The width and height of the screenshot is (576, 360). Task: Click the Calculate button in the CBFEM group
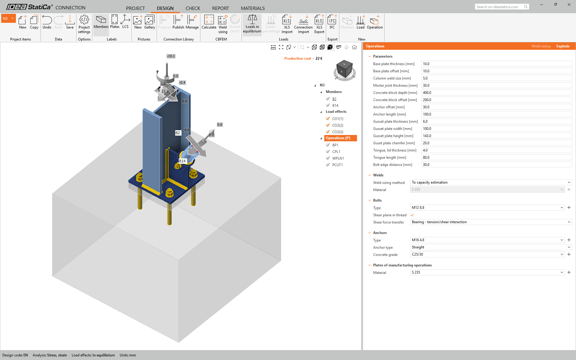point(209,22)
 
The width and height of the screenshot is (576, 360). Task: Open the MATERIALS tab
point(253,8)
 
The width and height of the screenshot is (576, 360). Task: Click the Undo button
point(47,22)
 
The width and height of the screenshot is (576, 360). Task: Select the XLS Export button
point(319,24)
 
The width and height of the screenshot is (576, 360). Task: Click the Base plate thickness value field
point(496,64)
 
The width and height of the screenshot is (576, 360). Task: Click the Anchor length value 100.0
point(496,114)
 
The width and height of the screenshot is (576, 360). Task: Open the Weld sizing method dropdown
point(490,182)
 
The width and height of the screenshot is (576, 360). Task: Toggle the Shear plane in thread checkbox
point(412,215)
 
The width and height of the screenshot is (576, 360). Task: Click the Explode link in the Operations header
point(563,46)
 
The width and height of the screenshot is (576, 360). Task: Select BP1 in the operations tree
point(335,145)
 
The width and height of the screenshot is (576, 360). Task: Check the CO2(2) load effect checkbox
point(328,125)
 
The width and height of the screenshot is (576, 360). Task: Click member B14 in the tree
point(335,106)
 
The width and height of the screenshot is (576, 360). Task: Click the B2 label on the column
point(178,133)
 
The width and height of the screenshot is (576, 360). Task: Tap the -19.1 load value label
point(171,56)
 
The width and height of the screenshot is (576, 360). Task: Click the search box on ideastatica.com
point(499,7)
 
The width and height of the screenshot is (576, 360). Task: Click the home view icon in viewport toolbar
point(354,47)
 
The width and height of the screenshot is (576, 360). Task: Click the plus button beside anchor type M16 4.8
point(569,240)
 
